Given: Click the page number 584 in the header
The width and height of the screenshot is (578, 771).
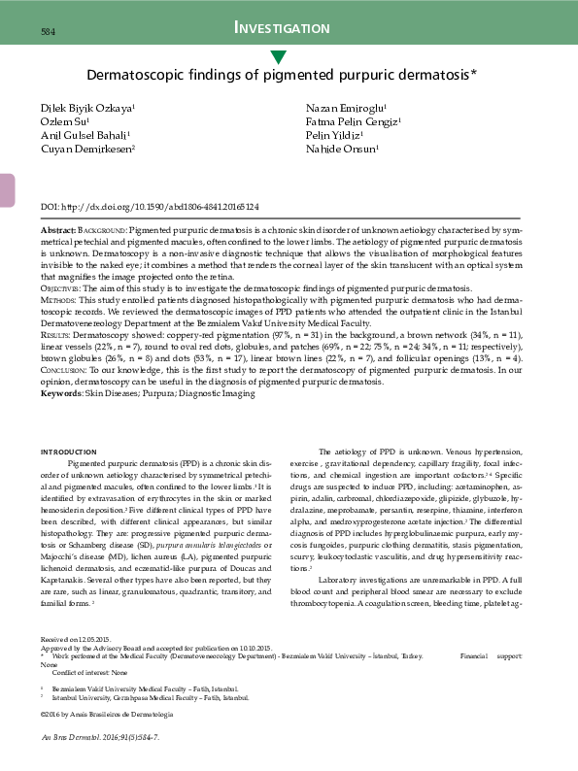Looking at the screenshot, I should tap(47, 32).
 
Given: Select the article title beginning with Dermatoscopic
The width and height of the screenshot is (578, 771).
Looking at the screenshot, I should tap(282, 74).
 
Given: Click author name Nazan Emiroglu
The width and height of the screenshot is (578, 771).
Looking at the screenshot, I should tap(347, 107).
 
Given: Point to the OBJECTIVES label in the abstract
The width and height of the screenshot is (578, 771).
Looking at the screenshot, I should tap(62, 289).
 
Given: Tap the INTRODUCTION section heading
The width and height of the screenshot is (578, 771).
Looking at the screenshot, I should tap(68, 452).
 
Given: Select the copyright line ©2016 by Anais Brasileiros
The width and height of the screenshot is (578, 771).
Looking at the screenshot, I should tap(107, 714).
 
